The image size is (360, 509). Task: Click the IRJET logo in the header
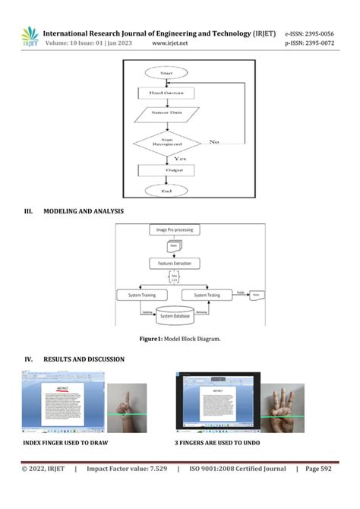(x=30, y=37)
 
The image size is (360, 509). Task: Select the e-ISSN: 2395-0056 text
(x=309, y=34)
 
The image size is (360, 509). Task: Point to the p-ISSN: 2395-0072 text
(x=309, y=44)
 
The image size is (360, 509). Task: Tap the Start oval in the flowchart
(x=166, y=73)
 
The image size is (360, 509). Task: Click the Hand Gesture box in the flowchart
(x=166, y=93)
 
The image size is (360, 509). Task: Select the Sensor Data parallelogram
(x=166, y=116)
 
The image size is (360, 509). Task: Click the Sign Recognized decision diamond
(x=166, y=142)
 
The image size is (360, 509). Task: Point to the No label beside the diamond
(x=215, y=142)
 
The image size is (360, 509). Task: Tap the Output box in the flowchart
(x=166, y=170)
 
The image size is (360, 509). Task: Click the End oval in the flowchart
(x=166, y=191)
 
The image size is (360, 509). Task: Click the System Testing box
(x=208, y=295)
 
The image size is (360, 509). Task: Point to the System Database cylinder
(x=175, y=315)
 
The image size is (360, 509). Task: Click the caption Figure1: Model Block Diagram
(x=179, y=339)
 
